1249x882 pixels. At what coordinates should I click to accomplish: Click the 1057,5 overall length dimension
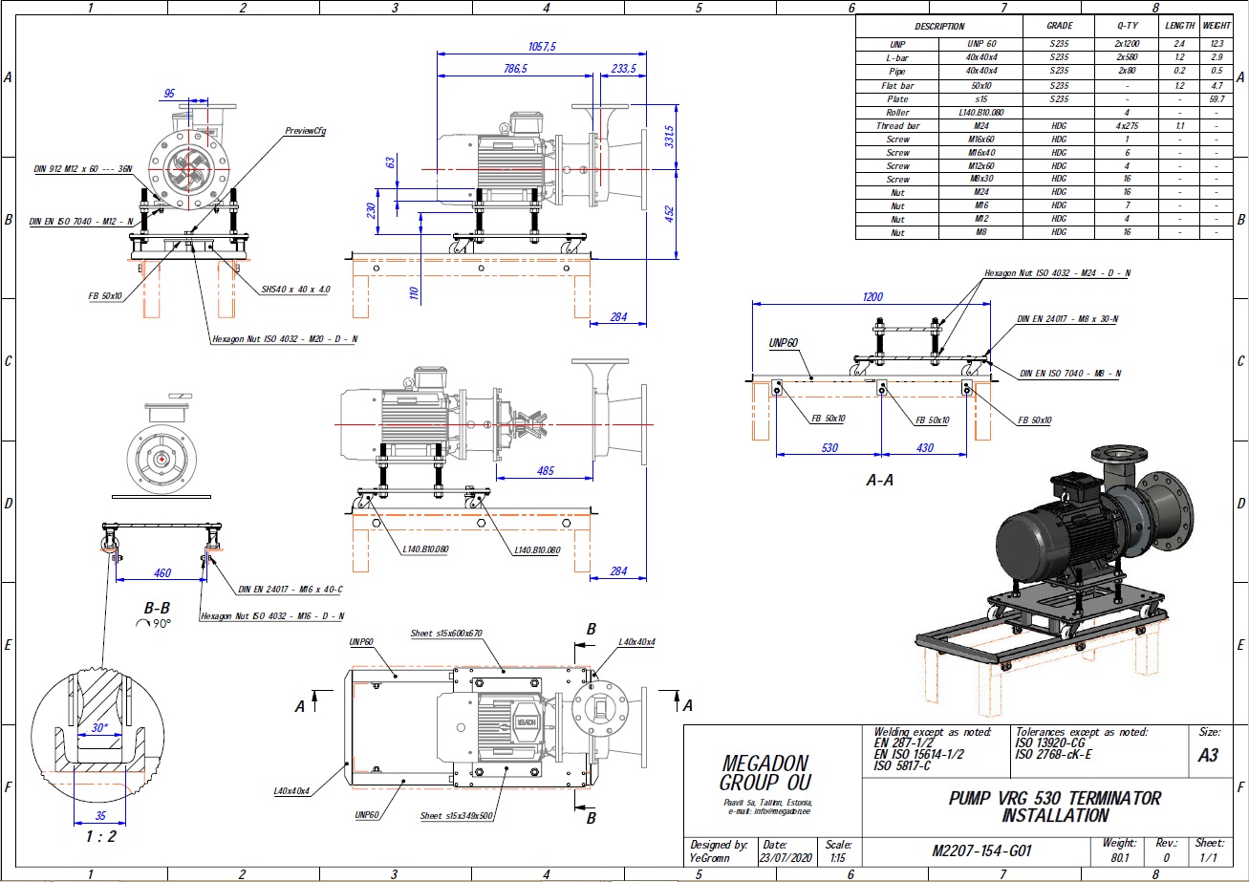coord(542,45)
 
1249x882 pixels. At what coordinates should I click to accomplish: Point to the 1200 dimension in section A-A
coord(872,297)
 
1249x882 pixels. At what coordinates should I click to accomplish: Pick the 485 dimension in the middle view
coord(547,470)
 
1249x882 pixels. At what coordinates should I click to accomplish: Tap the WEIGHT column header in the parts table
coord(1216,26)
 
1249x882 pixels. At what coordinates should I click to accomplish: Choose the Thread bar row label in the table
coord(897,125)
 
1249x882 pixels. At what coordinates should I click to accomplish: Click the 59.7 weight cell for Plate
coord(1216,98)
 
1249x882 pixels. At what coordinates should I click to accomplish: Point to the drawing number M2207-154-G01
coord(980,850)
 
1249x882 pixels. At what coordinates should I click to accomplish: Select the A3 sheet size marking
coord(1208,756)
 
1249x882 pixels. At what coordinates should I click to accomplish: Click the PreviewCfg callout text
coord(306,131)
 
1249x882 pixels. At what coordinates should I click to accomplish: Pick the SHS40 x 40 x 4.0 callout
coord(296,288)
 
